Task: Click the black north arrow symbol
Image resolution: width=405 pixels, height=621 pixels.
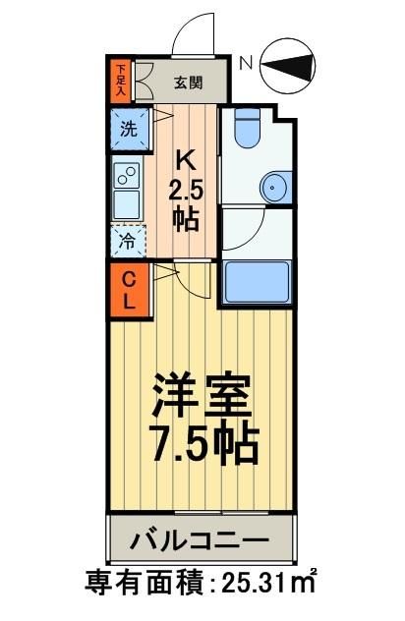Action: pos(290,65)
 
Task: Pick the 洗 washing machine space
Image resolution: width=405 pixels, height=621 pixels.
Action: pos(128,128)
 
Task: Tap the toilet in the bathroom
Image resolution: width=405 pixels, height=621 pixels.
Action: pos(245,131)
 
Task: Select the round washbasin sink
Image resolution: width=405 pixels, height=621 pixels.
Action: pos(272,186)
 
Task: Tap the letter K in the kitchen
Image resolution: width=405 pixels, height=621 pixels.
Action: pos(183,159)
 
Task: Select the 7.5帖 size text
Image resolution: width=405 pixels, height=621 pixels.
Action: pos(202,445)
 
